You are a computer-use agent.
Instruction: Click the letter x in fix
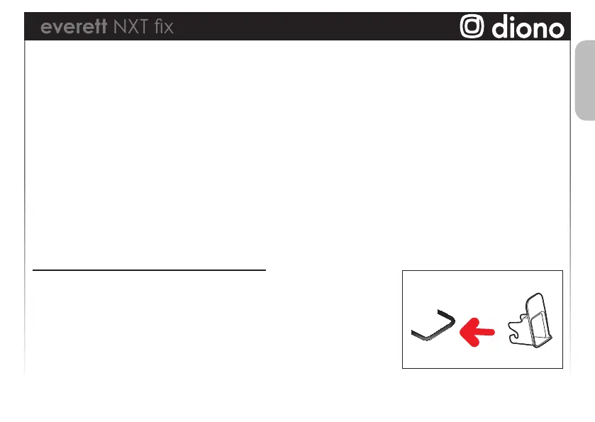pyautogui.click(x=167, y=28)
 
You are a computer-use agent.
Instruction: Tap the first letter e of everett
pyautogui.click(x=46, y=28)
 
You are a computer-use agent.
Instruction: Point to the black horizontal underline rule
pyautogui.click(x=149, y=270)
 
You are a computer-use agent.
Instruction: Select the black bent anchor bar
pyautogui.click(x=433, y=327)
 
